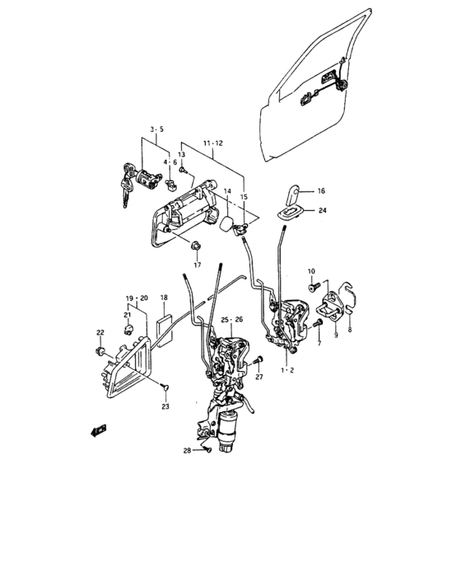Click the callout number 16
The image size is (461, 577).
pos(321,191)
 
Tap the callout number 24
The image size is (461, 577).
pos(323,210)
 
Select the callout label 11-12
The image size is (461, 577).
pos(213,143)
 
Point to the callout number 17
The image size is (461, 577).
pos(198,265)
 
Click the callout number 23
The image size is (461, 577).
pos(165,406)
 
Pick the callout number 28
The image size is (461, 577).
pos(187,450)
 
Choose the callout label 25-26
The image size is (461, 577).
pos(232,320)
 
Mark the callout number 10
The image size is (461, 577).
pos(311,271)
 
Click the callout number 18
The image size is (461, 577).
pos(164,298)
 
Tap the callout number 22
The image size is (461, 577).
pos(100,332)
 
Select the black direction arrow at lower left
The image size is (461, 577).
pos(99,430)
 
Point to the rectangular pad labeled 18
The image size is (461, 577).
pos(165,328)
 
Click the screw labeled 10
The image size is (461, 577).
pos(313,288)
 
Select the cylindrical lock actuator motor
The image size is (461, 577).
pos(228,432)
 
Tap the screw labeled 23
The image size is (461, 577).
pos(165,387)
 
